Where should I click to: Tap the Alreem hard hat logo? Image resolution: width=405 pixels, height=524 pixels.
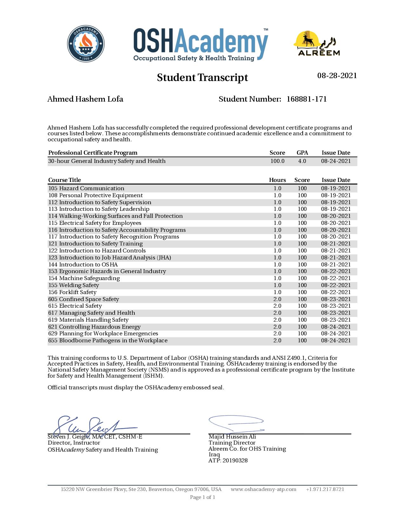point(316,44)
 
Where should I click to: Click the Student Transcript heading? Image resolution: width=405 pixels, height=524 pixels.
point(202,77)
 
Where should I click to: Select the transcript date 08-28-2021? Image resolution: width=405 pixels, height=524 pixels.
point(337,76)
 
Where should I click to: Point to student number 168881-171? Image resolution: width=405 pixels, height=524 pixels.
point(307,99)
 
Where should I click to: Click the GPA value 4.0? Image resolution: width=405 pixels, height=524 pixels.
point(302,161)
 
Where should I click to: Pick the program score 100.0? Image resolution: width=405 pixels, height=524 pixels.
point(277,161)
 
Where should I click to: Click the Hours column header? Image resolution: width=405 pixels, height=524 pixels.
point(277,180)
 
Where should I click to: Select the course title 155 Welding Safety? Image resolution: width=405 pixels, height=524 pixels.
point(74,285)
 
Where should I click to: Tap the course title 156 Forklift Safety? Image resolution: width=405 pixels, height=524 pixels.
point(72,292)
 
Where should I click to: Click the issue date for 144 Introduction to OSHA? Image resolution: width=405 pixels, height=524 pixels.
point(336,265)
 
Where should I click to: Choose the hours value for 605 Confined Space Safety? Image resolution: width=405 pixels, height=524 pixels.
point(277,299)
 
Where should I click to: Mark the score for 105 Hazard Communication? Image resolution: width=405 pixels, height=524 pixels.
point(302,188)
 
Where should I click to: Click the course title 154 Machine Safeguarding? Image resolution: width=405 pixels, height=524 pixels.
point(84,278)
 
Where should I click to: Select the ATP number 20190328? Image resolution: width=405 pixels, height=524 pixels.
point(235,460)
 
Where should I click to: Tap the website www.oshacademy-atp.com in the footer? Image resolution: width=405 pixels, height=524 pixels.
point(263,489)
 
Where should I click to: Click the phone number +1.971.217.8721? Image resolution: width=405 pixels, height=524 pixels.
point(325,489)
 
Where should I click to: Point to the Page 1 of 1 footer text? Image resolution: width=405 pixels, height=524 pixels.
point(202,497)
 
